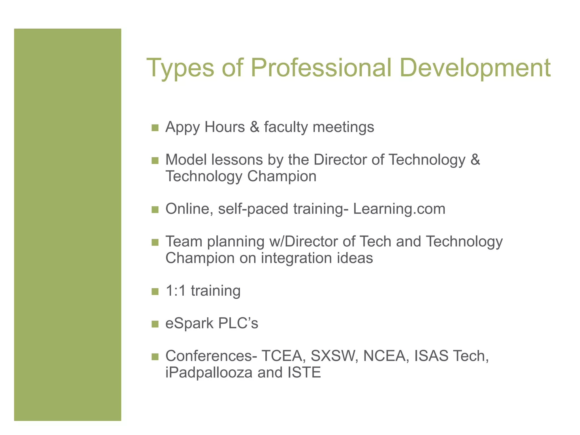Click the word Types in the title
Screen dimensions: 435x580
(x=180, y=68)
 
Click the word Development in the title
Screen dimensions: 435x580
(x=475, y=68)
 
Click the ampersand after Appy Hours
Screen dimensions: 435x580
(x=254, y=127)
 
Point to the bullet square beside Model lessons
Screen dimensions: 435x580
(x=155, y=161)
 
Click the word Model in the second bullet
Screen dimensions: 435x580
(x=186, y=160)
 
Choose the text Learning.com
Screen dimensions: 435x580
(x=399, y=209)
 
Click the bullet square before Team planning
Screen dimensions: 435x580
(x=155, y=242)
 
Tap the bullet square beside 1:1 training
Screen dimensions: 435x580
(x=155, y=291)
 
